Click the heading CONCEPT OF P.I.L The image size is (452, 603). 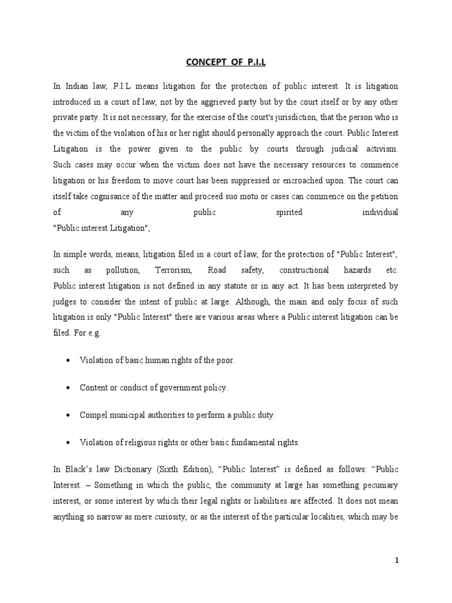[x=226, y=63]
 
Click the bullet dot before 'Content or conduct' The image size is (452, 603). [x=69, y=387]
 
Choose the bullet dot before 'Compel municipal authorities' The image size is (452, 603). [x=69, y=415]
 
